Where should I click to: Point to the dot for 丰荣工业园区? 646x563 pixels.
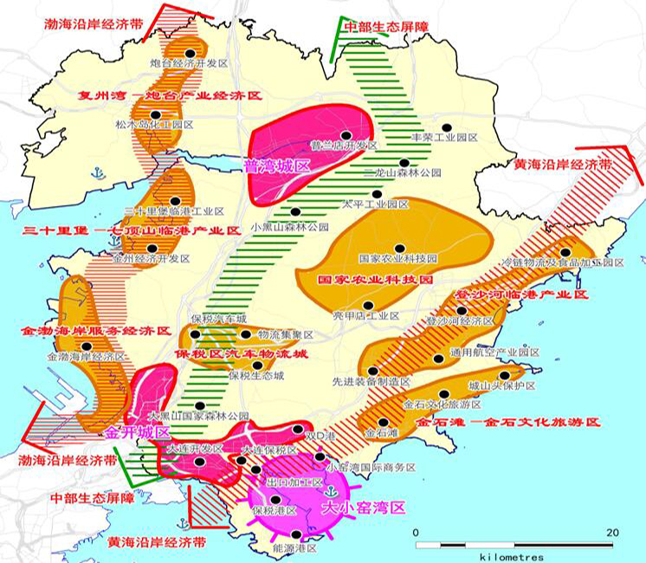click(446, 126)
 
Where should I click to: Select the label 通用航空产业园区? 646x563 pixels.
click(494, 353)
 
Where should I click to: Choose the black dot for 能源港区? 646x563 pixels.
click(298, 534)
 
